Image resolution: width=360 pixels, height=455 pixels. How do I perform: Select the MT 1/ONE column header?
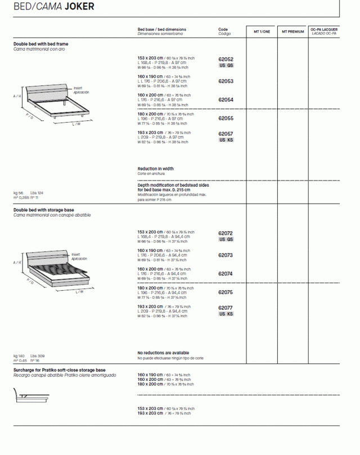click(262, 32)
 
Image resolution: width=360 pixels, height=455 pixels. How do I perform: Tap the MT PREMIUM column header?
click(292, 32)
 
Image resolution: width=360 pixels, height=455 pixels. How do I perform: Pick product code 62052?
click(226, 59)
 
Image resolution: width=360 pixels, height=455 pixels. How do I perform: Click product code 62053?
click(226, 81)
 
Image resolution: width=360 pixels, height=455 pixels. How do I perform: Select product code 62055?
click(226, 118)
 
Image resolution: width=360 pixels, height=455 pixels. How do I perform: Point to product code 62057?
click(226, 134)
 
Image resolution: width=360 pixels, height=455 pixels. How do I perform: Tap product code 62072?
click(226, 233)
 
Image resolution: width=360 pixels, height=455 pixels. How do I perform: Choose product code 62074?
click(226, 273)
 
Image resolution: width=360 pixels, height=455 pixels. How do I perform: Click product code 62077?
click(226, 308)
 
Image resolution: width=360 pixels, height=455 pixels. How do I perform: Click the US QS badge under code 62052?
click(226, 65)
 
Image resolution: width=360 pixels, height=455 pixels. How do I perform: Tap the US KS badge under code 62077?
click(226, 314)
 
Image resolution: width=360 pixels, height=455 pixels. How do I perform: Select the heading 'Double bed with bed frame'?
click(41, 44)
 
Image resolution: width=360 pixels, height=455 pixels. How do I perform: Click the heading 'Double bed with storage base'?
click(44, 210)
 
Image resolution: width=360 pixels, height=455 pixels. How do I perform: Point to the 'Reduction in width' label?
click(155, 169)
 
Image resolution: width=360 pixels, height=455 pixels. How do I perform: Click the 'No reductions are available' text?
click(163, 353)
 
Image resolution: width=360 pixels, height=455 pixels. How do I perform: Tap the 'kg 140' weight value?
click(19, 356)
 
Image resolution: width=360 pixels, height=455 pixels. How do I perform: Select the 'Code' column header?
click(223, 29)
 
